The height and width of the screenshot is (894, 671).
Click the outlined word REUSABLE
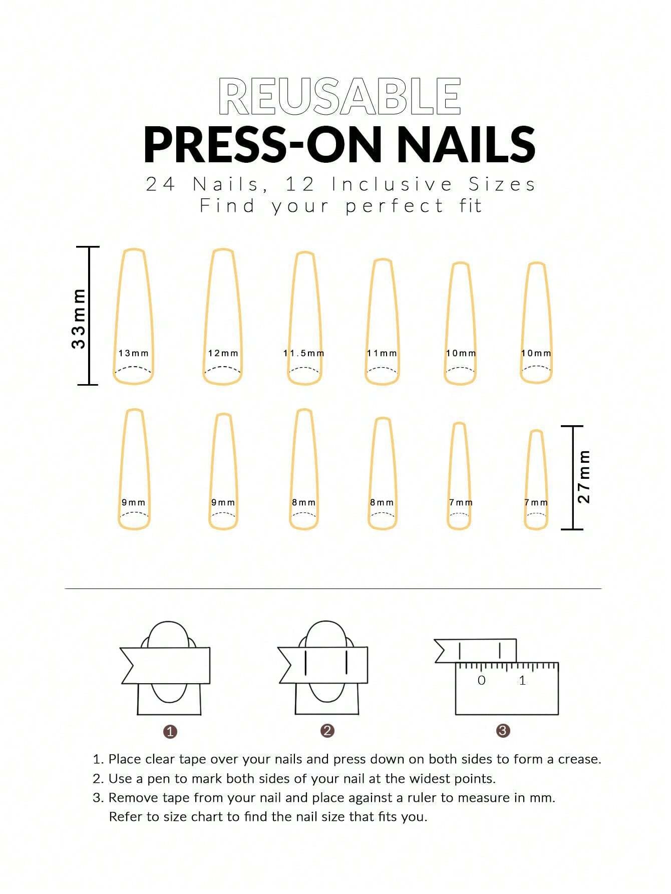coord(340,96)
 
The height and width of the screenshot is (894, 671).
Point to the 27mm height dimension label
coord(584,477)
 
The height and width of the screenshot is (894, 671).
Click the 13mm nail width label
coord(134,353)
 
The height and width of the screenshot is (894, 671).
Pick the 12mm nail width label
coord(223,353)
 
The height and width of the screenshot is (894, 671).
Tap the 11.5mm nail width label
coord(304,353)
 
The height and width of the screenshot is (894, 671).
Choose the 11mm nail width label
coord(382,353)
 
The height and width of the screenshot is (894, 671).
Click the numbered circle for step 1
coord(170,732)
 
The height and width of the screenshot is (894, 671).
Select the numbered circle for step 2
coord(327,731)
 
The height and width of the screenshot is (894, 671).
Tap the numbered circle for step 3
coord(503,731)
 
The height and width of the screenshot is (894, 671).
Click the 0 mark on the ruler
coord(481,680)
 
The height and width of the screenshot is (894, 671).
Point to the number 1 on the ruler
coord(522,680)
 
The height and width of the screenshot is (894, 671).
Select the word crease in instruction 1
coord(578,759)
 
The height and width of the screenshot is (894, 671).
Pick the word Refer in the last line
coord(124,817)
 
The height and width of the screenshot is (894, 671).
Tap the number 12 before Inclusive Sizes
coord(300,184)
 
